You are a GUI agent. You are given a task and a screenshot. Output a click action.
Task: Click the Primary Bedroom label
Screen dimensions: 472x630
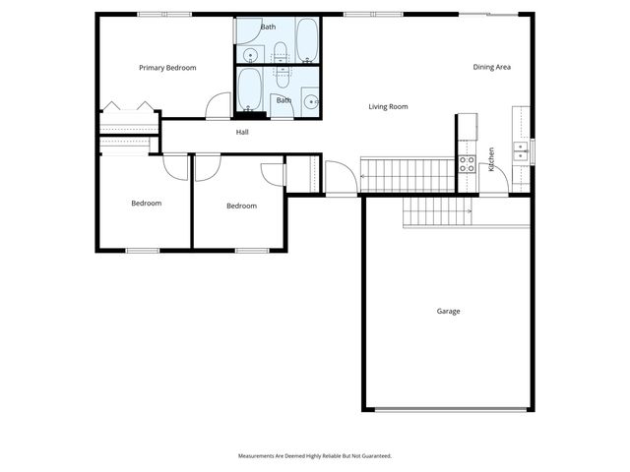pyautogui.click(x=167, y=68)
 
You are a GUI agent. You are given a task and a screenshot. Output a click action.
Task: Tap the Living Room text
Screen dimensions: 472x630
pyautogui.click(x=388, y=106)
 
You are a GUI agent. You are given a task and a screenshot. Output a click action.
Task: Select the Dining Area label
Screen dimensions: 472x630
pyautogui.click(x=492, y=67)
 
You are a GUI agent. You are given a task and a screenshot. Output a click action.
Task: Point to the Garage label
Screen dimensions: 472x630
pyautogui.click(x=448, y=311)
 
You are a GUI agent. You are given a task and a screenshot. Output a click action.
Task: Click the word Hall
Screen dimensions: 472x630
pyautogui.click(x=242, y=132)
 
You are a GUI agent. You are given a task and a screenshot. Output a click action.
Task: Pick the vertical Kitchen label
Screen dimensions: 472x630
pyautogui.click(x=491, y=159)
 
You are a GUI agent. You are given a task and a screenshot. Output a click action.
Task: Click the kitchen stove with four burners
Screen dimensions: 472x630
pyautogui.click(x=467, y=163)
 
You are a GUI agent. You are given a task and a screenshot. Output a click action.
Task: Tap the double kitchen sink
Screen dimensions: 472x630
pyautogui.click(x=521, y=149)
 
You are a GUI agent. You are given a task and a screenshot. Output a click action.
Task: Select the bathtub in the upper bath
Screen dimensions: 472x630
pyautogui.click(x=307, y=39)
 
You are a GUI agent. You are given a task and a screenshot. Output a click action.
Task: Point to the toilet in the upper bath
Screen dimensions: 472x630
pyautogui.click(x=280, y=51)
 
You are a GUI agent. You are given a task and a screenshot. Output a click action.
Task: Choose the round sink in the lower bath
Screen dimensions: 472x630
pyautogui.click(x=311, y=100)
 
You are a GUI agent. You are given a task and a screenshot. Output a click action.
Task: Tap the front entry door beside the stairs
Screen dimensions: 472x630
pyautogui.click(x=341, y=179)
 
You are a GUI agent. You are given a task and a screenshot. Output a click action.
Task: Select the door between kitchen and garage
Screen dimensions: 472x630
pyautogui.click(x=495, y=181)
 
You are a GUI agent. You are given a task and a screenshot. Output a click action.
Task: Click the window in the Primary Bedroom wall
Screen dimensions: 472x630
pyautogui.click(x=164, y=14)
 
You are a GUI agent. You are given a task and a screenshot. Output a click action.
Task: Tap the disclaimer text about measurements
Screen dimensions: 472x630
pyautogui.click(x=315, y=456)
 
